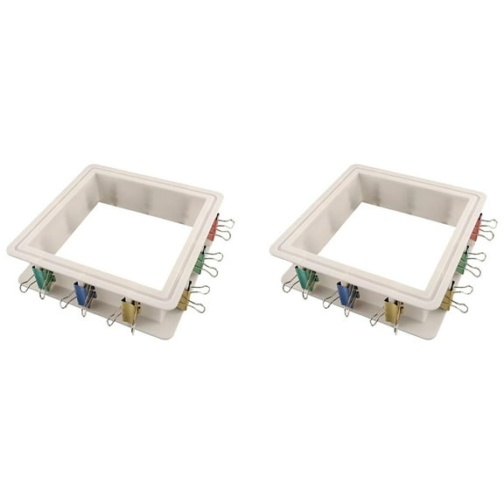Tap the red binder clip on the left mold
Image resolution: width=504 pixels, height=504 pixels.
[213, 229]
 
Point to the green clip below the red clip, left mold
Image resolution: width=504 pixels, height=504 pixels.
[199, 261]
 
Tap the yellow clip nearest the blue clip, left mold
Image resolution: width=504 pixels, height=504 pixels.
[130, 311]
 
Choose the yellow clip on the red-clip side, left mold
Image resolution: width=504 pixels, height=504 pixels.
[185, 298]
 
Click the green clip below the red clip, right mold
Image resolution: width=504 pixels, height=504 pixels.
[462, 261]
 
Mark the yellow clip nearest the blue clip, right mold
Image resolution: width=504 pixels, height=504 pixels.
[393, 311]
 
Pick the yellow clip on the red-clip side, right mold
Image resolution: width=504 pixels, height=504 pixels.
[447, 298]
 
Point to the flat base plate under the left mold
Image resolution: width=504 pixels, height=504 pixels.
[162, 325]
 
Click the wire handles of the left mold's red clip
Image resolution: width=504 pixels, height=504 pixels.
[225, 229]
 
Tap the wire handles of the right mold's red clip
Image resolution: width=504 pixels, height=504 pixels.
[487, 229]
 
